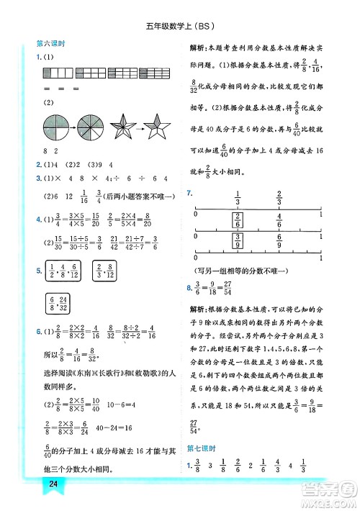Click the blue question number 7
point(189,193)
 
